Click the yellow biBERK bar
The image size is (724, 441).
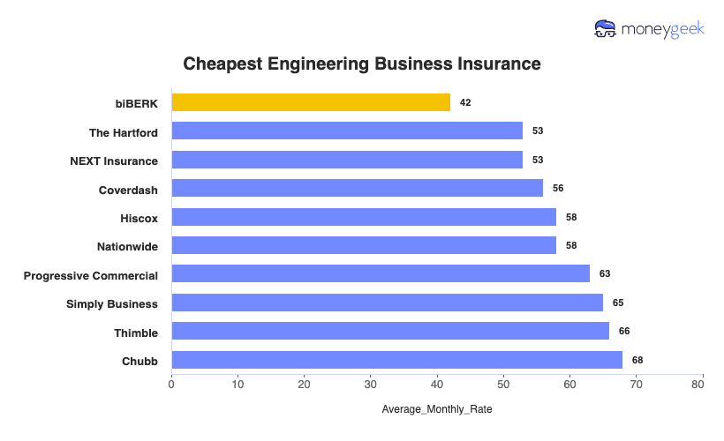311,102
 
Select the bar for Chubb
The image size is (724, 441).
396,360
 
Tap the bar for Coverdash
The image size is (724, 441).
357,188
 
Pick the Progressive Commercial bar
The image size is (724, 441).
381,273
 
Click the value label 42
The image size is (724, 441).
465,103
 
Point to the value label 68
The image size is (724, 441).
637,360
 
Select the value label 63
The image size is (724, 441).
605,274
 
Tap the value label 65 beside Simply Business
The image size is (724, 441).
618,303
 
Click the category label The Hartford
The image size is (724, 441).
124,132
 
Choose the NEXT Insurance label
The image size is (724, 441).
114,161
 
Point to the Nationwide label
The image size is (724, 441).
127,246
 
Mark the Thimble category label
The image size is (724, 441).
136,333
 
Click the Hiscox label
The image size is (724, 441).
139,218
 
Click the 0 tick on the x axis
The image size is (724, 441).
171,385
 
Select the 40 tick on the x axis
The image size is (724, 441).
437,385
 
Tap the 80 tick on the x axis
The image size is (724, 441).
702,385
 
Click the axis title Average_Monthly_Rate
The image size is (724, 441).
437,410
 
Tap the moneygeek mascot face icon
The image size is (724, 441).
606,29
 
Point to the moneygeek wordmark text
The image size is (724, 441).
662,29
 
